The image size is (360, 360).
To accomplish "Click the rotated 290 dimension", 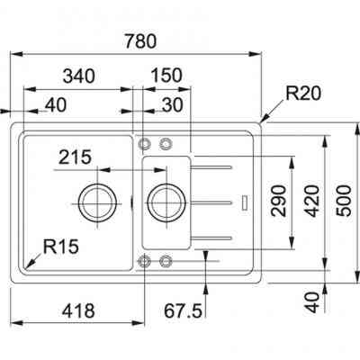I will click(278, 201).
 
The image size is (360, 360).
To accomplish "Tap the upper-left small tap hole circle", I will click(144, 143).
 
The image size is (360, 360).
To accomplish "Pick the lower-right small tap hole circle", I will click(166, 261).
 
